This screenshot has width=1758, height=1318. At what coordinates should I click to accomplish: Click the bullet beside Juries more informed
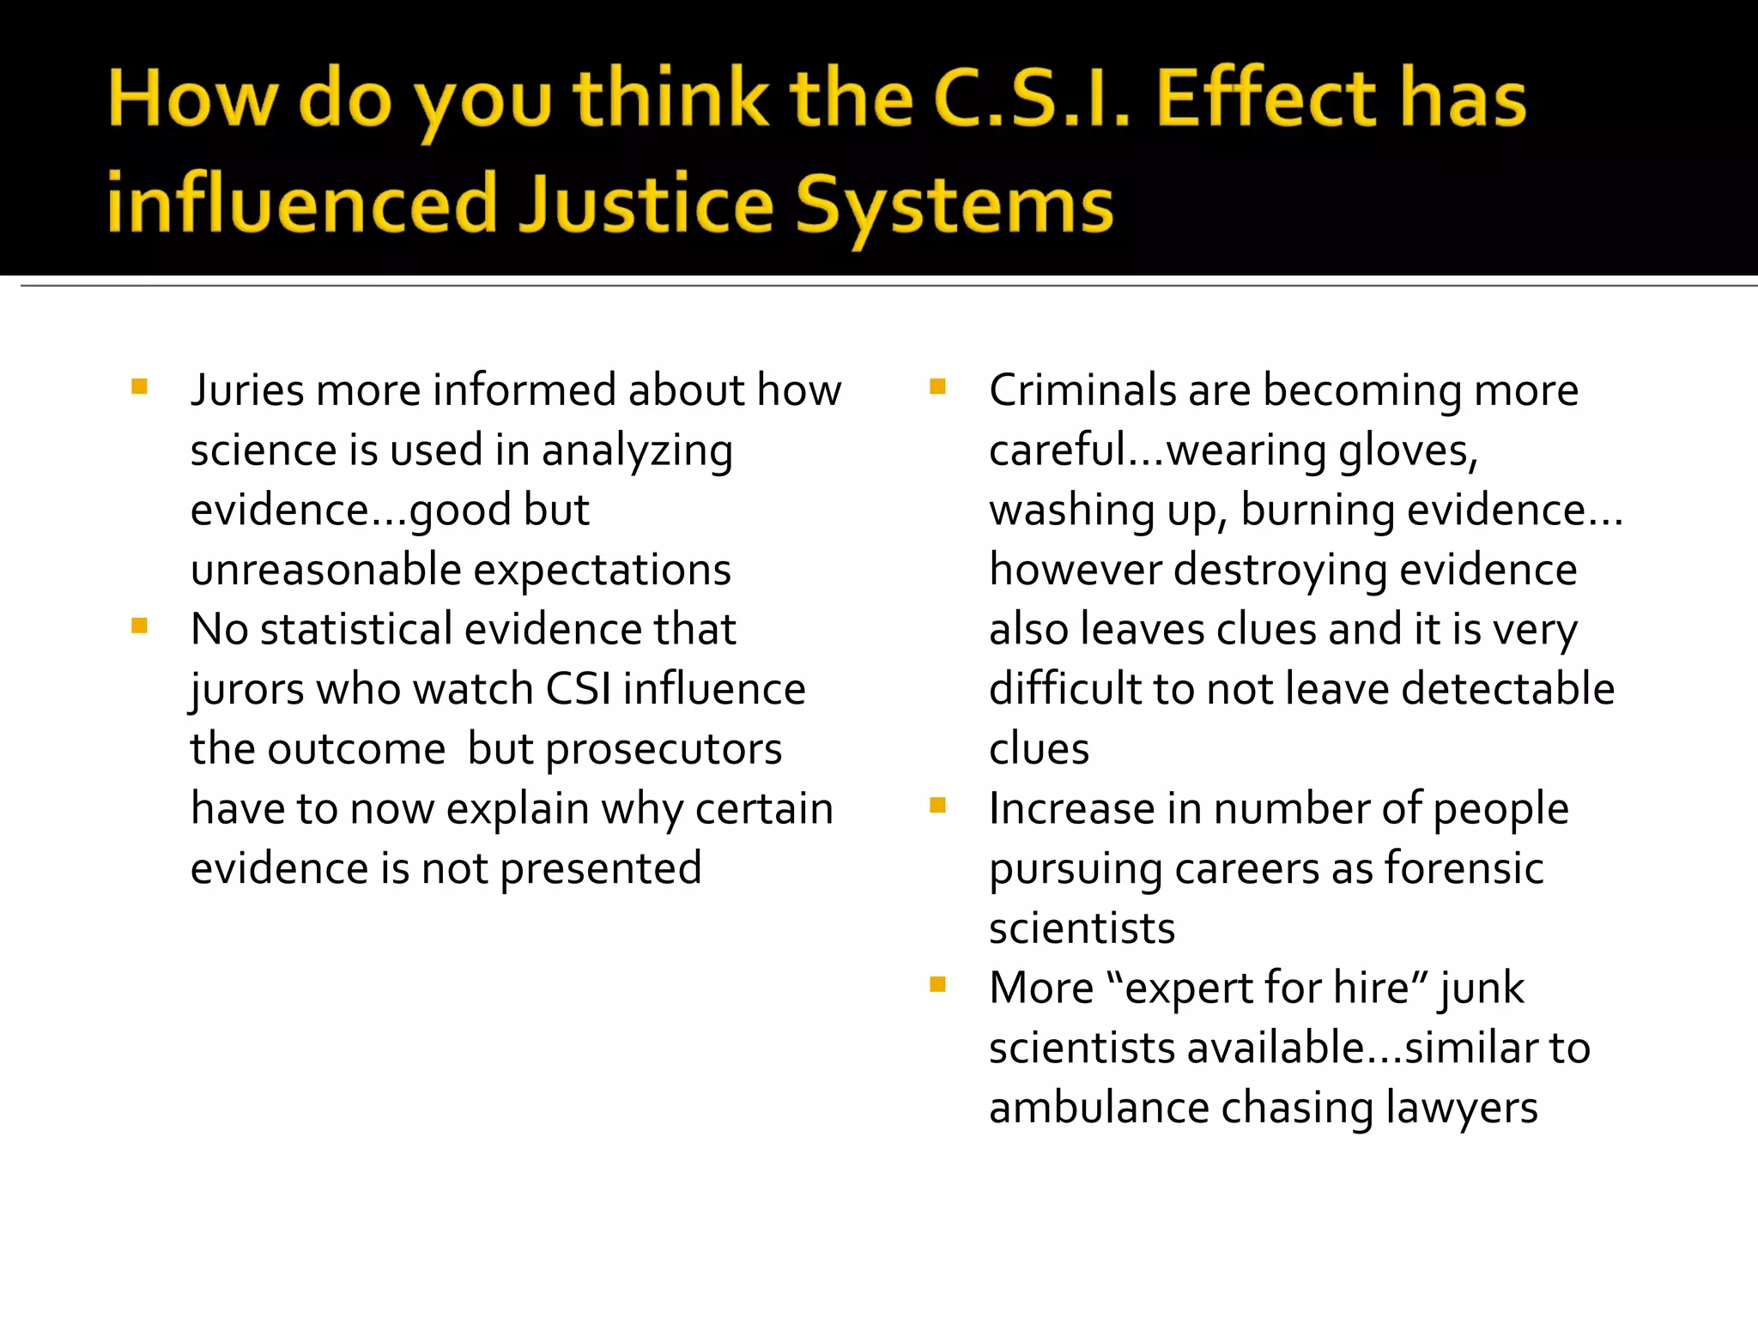pos(140,387)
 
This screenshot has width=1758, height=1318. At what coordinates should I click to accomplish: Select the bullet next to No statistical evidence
pos(140,626)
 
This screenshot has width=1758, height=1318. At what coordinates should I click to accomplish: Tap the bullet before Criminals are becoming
pos(937,387)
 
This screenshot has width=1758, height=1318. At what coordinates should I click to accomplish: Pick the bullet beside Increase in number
pos(937,805)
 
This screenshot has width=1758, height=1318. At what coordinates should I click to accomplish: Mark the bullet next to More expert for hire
pos(937,984)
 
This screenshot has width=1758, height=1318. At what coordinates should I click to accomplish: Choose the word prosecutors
pos(664,750)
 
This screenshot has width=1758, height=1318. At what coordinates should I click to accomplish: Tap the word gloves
pos(1408,450)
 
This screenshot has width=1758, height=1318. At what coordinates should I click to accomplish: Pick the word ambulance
pos(1098,1108)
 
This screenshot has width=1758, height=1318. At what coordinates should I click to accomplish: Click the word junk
pos(1482,988)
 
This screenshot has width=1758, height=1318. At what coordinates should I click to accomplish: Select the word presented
pos(601,868)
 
